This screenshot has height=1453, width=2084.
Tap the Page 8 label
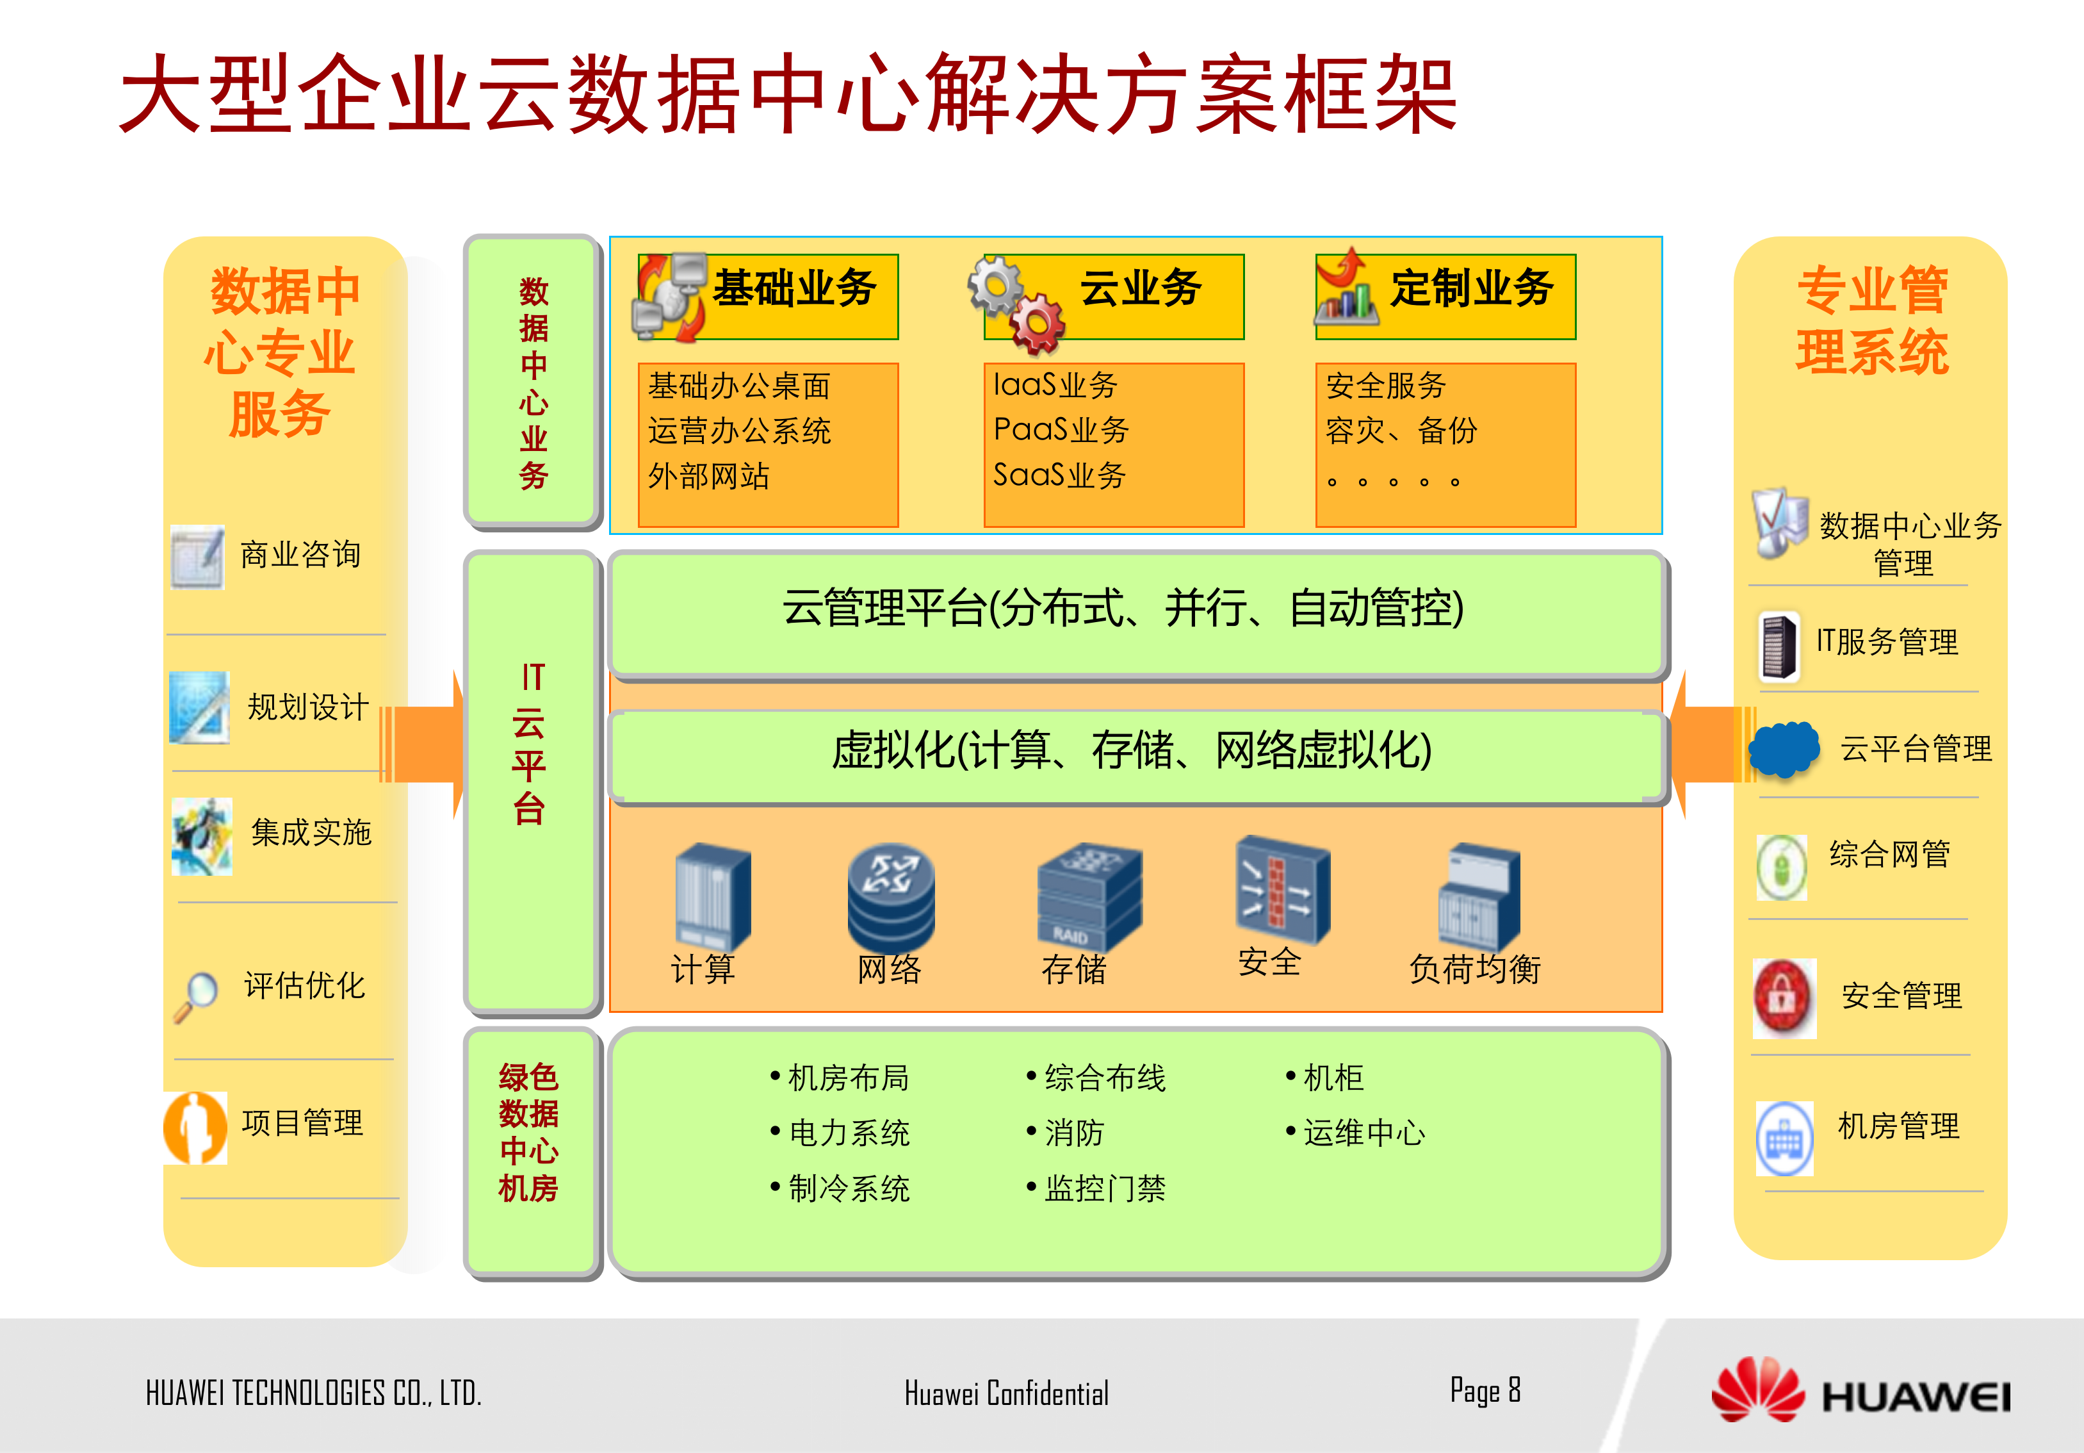pos(1485,1390)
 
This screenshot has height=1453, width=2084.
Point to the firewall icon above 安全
pos(1281,888)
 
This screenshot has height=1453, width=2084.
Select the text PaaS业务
pos(1061,429)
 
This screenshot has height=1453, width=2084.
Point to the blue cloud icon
pos(1784,748)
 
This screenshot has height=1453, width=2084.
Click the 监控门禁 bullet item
pos(1103,1188)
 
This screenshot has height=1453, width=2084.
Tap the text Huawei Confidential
pos(1005,1393)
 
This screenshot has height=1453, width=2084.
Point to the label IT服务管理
pos(1886,642)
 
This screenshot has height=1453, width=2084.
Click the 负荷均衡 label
pos(1474,969)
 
